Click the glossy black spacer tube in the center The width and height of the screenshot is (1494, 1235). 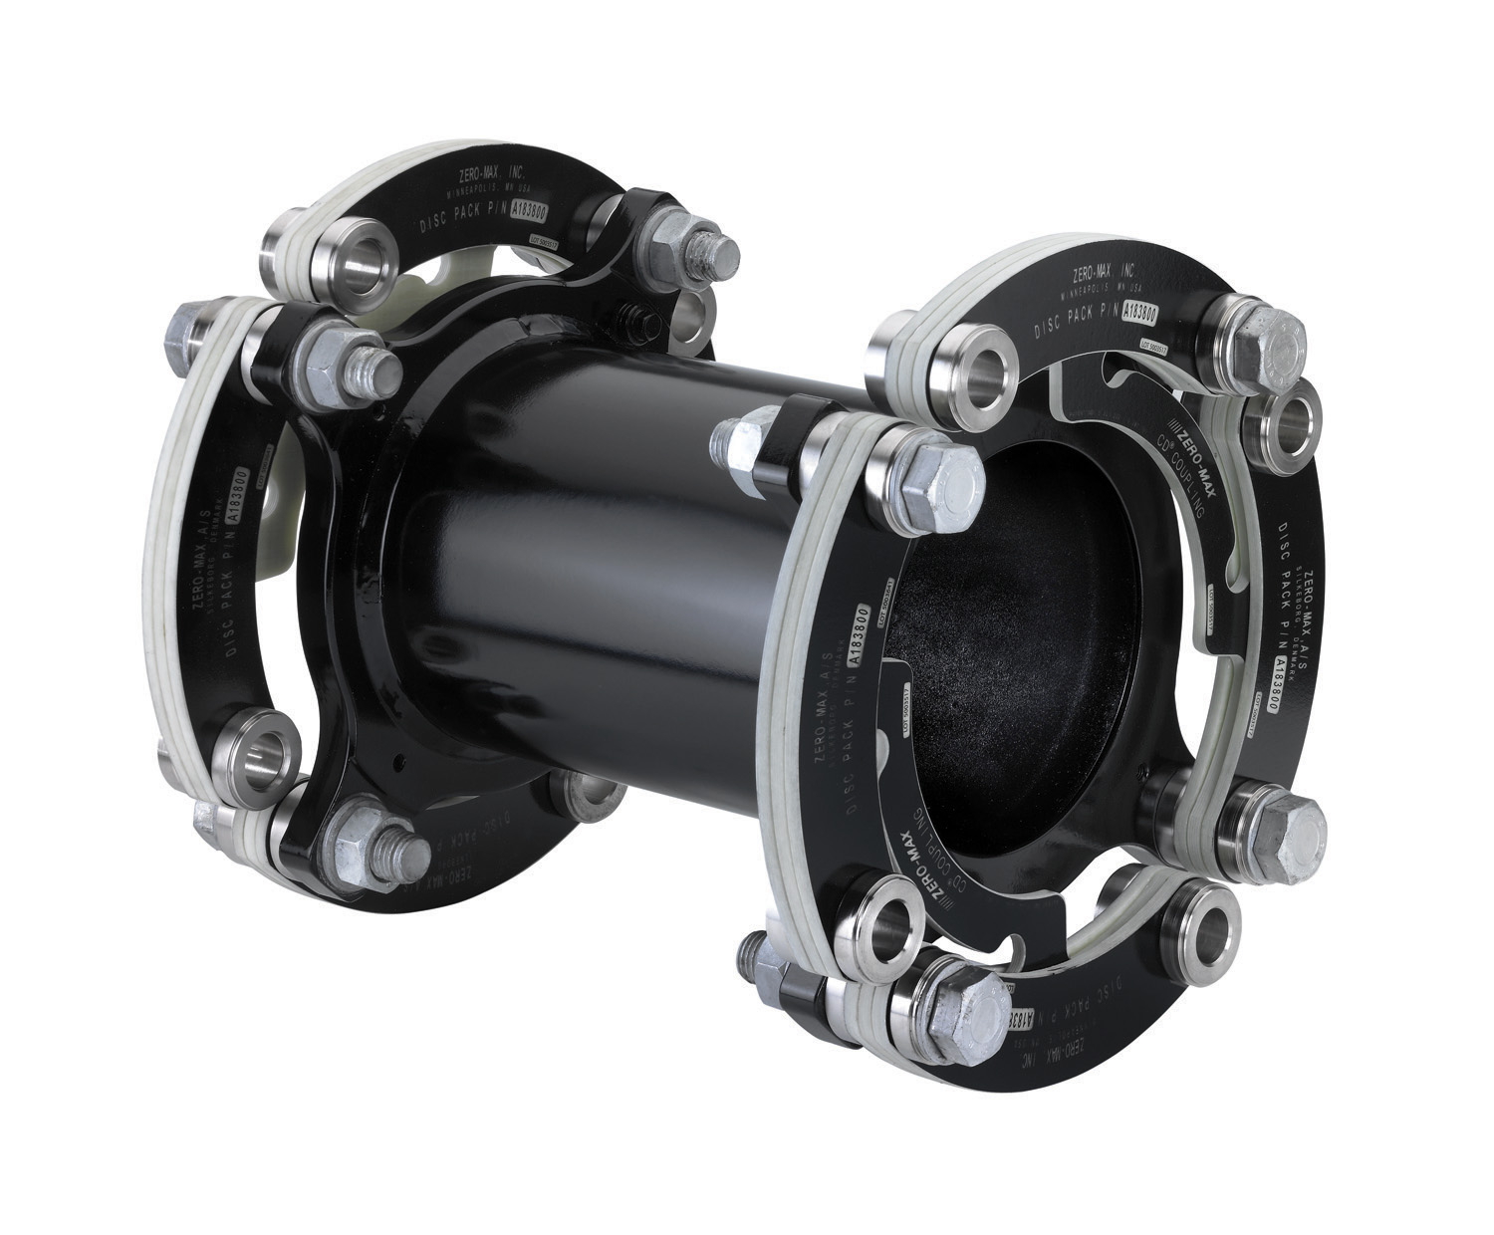pyautogui.click(x=618, y=558)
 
